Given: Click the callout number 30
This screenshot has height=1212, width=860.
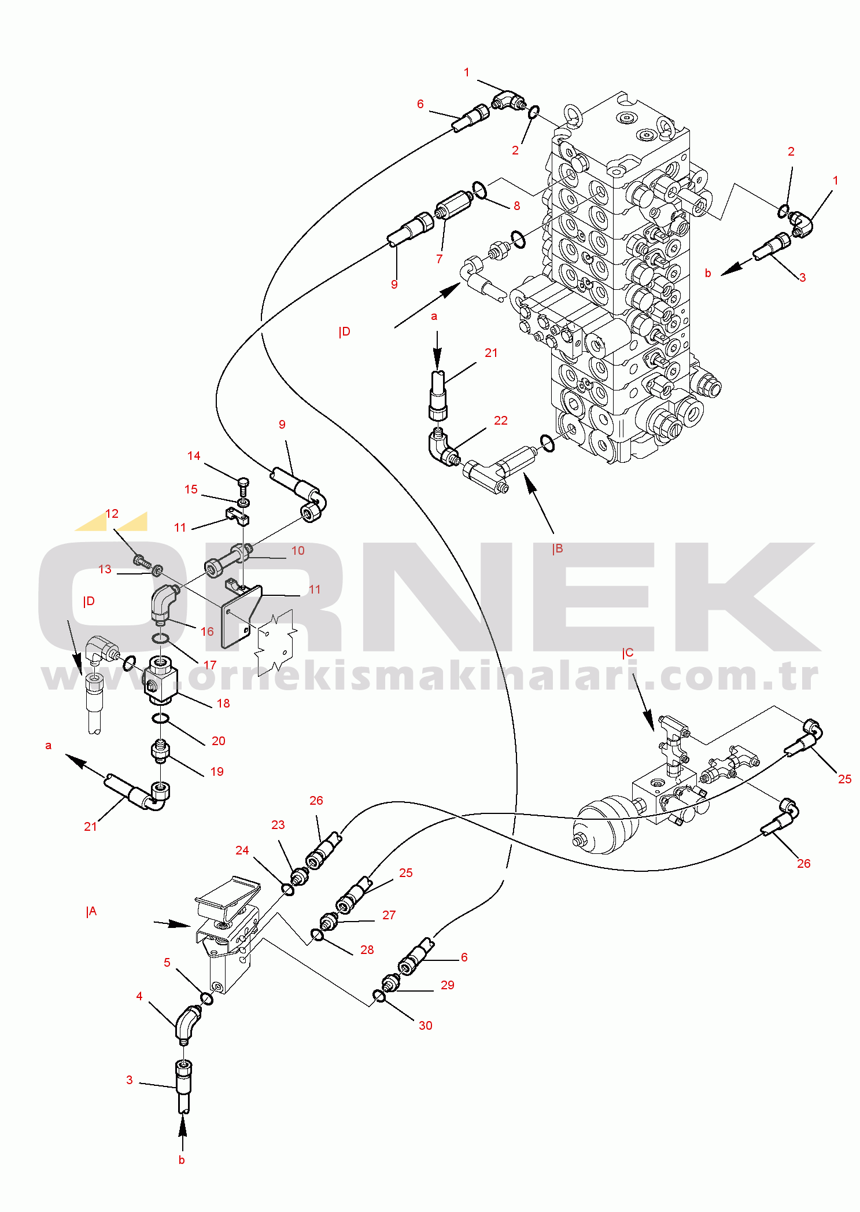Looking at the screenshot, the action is pos(425,1025).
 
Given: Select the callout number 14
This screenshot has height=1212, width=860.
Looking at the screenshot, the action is pos(194,456).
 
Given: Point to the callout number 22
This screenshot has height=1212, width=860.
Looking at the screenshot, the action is pos(501,421).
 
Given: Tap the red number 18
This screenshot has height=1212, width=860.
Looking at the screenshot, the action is pos(223,703).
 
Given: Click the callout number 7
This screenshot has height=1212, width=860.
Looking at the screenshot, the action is pos(440,259).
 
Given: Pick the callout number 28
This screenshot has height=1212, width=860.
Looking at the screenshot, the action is pos(367,950).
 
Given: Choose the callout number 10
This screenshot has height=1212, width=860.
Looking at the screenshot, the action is pos(298,551).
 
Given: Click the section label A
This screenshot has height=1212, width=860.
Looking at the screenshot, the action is pos(91,912).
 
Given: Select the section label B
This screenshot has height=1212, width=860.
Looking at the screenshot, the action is pos(558,549).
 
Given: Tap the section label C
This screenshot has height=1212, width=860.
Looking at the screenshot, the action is pos(628,653).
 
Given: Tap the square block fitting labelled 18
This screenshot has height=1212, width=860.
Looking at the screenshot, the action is pos(160,679).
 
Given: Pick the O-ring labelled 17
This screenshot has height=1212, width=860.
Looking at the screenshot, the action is pos(161,638).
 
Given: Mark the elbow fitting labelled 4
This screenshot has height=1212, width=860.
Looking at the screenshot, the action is pos(187,1025).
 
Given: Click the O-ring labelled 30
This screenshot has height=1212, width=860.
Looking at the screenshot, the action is pos(379,996).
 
